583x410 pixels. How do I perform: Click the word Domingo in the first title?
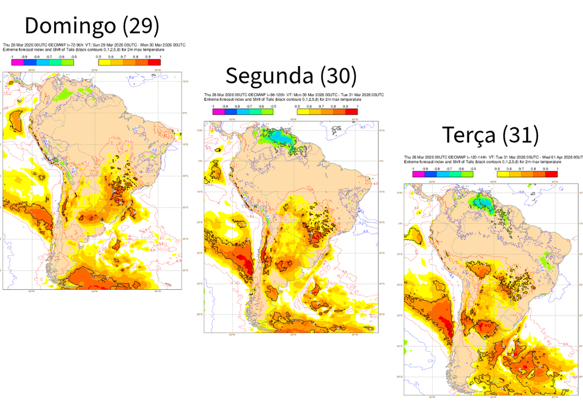click(71, 26)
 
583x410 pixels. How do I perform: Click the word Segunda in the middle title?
click(269, 75)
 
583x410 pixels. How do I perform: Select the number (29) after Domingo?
click(141, 26)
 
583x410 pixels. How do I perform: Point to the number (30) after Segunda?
click(338, 75)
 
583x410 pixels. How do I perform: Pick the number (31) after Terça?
click(520, 135)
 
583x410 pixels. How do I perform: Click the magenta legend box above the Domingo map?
click(17, 62)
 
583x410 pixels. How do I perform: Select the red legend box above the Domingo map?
click(154, 62)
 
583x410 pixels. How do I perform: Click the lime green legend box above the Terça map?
click(467, 174)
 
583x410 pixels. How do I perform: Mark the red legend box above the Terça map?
click(551, 174)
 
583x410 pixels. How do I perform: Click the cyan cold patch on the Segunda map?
click(280, 136)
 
